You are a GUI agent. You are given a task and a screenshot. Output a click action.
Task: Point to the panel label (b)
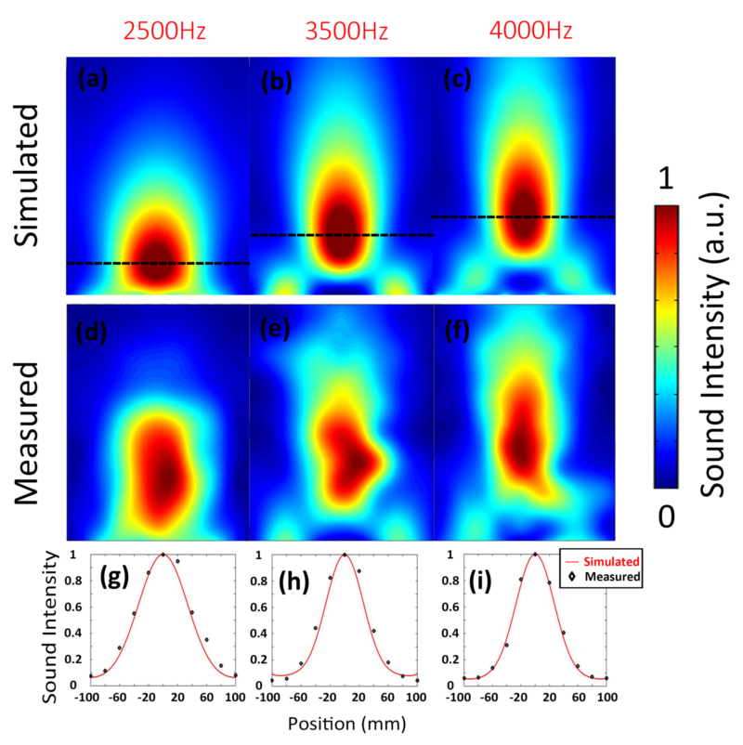(x=276, y=83)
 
